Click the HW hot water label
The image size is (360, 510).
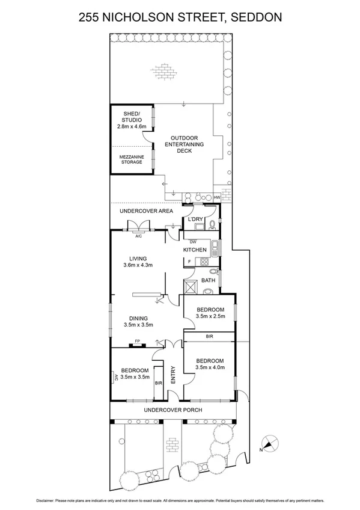(x=217, y=197)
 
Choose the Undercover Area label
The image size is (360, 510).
(x=146, y=211)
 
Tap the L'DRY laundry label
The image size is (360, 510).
(x=196, y=220)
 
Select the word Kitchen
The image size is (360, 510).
(x=195, y=250)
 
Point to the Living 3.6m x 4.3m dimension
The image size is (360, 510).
(x=138, y=265)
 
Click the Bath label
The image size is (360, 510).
(x=209, y=280)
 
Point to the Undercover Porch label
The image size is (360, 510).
(x=172, y=410)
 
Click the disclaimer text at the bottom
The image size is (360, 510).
(x=180, y=500)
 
